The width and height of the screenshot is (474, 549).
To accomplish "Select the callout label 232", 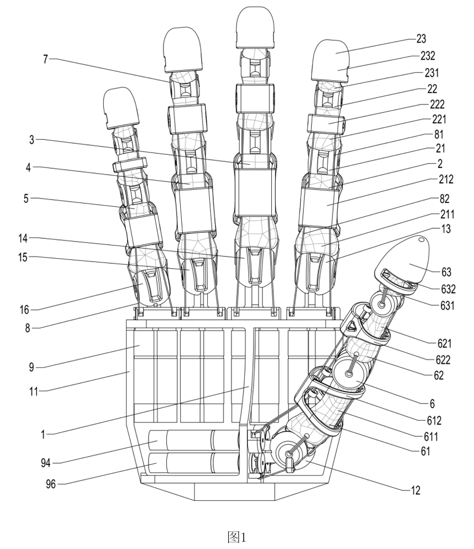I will click(428, 55).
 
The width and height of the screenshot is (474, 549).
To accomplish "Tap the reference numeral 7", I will click(45, 59).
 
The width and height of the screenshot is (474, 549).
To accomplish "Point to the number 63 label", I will click(446, 271).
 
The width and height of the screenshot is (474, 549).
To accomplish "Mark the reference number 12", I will click(414, 489).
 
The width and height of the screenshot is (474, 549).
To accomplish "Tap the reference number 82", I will click(444, 196).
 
